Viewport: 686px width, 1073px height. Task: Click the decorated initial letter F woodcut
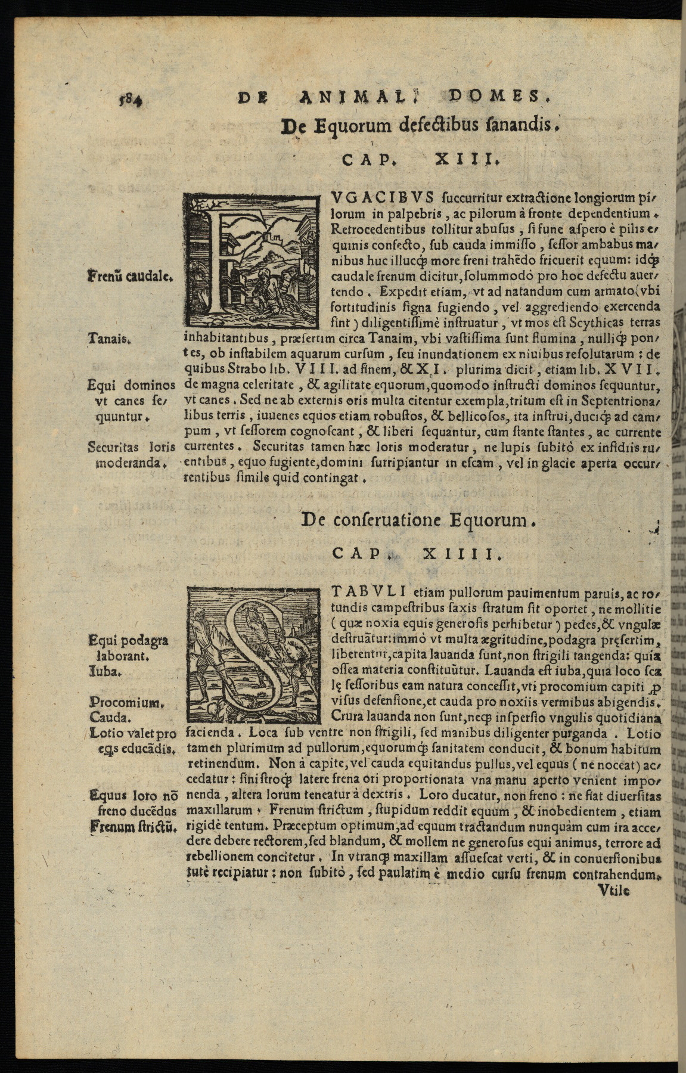click(x=251, y=260)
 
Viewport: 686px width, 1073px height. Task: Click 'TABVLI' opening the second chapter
click(x=368, y=592)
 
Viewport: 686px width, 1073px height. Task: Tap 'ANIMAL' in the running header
click(x=355, y=97)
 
